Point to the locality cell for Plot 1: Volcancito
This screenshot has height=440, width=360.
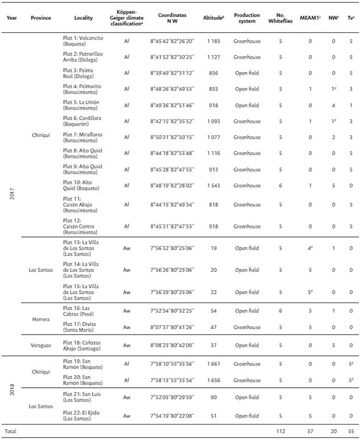click(80, 41)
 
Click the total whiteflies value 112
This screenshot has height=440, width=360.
click(280, 431)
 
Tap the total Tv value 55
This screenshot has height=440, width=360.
click(350, 431)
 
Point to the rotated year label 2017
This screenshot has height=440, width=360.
click(12, 190)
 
